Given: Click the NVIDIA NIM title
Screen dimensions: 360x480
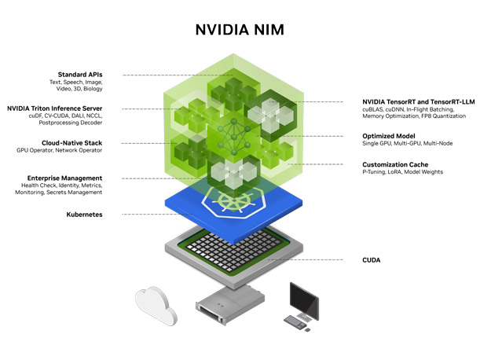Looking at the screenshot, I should click(x=240, y=31).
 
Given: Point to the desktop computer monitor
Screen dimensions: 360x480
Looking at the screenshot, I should click(x=305, y=299).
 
